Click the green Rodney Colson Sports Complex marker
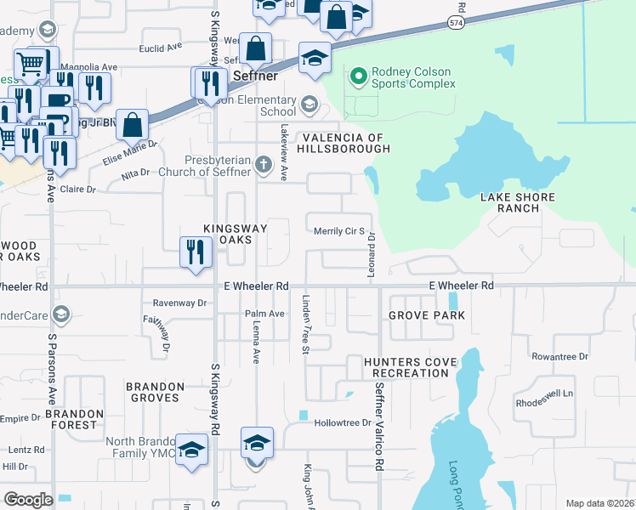click(x=358, y=76)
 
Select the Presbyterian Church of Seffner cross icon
click(x=264, y=162)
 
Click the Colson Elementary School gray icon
click(x=309, y=105)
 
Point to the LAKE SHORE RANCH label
click(x=517, y=203)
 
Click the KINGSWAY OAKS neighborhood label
click(x=235, y=234)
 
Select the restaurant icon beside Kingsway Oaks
click(x=196, y=252)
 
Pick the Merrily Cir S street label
click(x=339, y=231)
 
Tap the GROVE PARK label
click(x=427, y=315)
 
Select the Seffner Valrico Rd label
click(x=378, y=425)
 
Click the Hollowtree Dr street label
click(x=344, y=422)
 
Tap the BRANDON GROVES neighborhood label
click(x=155, y=392)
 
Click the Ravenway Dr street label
click(x=179, y=303)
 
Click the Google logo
click(x=28, y=499)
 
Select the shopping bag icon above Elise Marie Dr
click(x=133, y=126)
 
